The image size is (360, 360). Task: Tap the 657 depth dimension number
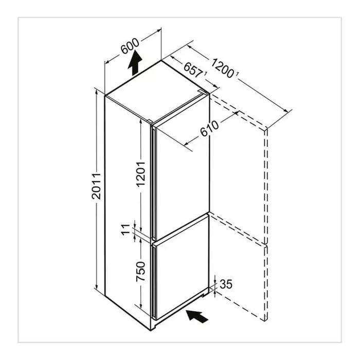pyautogui.click(x=193, y=70)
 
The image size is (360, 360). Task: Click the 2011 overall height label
pyautogui.click(x=96, y=186)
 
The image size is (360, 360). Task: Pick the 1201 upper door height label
pyautogui.click(x=141, y=174)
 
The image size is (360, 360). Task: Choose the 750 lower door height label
pyautogui.click(x=141, y=272)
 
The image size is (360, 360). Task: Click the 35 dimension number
pyautogui.click(x=226, y=284)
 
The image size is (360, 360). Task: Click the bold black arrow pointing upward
pyautogui.click(x=135, y=63)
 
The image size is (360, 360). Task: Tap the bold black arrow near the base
pyautogui.click(x=197, y=316)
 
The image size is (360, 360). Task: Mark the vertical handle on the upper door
pyautogui.click(x=153, y=183)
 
